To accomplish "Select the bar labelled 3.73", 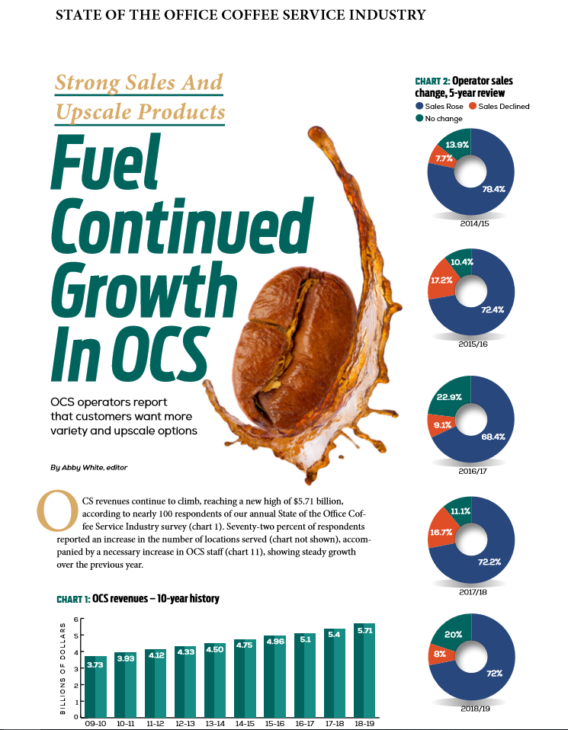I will (x=96, y=686).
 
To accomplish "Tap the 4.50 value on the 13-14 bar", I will (x=214, y=648).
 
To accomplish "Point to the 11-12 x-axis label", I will (x=155, y=724).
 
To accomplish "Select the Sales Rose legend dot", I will (x=419, y=107).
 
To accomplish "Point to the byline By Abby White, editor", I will (x=88, y=466).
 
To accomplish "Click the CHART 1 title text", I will (x=137, y=599).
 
